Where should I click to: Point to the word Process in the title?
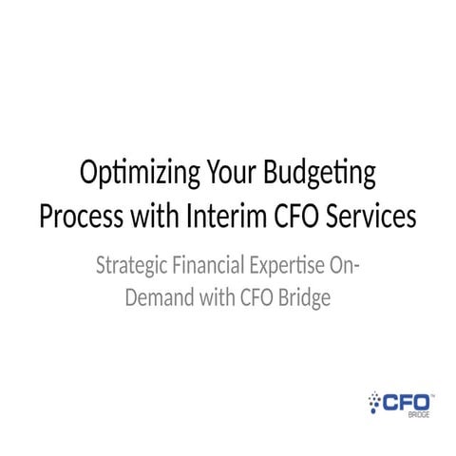79,217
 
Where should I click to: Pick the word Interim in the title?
216,217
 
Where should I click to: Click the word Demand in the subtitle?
159,297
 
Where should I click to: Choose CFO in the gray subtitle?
258,297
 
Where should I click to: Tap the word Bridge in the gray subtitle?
306,297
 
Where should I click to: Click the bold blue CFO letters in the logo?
407,402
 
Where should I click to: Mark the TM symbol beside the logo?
434,393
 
